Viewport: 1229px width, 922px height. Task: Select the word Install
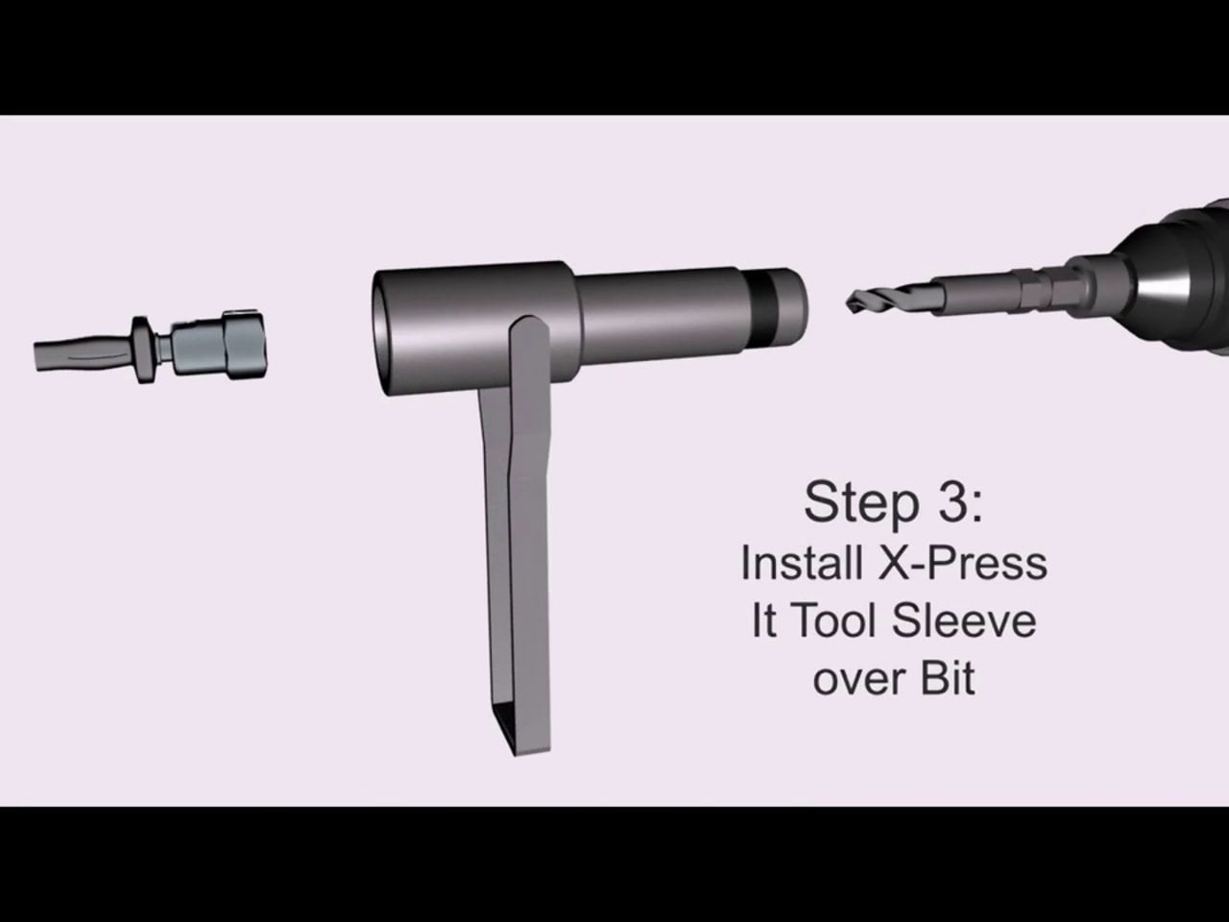coord(801,563)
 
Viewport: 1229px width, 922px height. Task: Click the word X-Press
coord(962,563)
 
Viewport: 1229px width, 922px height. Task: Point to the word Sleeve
coord(964,620)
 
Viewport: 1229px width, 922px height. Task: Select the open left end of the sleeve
coord(383,332)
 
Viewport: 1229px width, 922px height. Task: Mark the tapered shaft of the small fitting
coord(83,354)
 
